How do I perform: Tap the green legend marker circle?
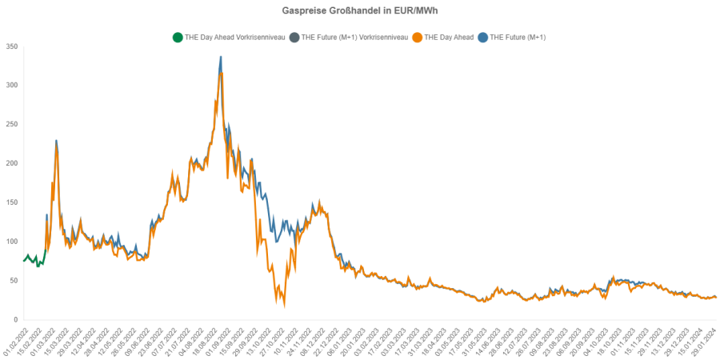[177, 37]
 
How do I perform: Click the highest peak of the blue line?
[221, 57]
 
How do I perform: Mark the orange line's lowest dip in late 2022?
[284, 305]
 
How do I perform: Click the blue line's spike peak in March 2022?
[56, 141]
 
